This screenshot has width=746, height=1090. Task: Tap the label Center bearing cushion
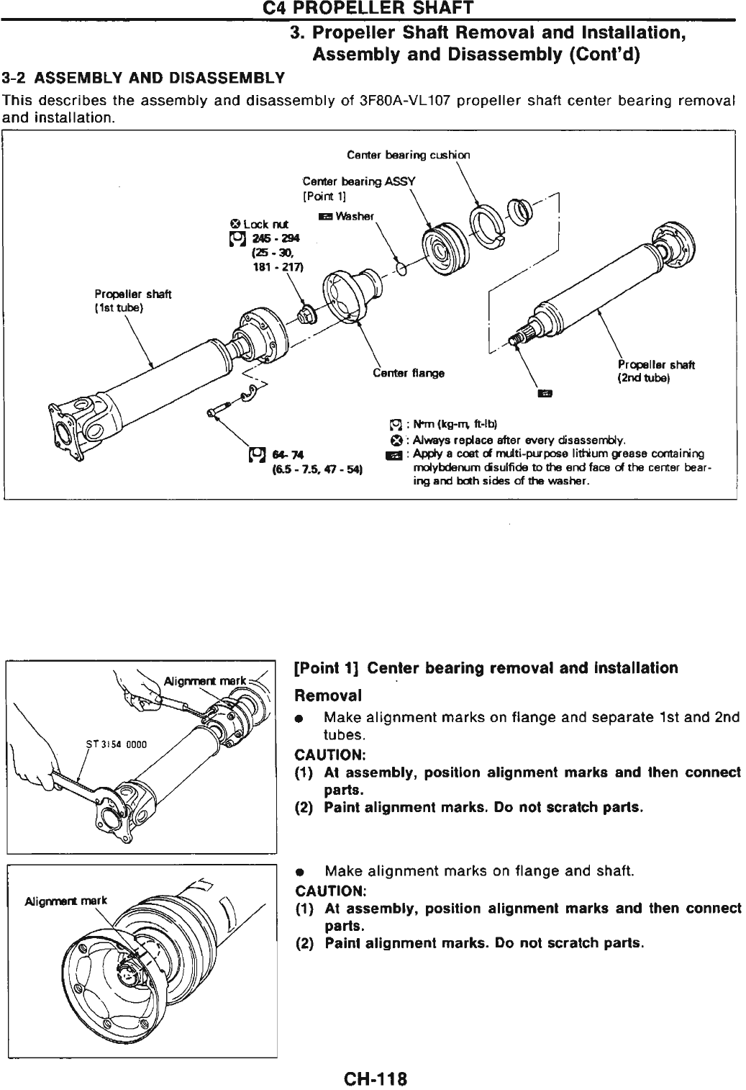coord(408,155)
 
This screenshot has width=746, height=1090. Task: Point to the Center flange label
coord(408,373)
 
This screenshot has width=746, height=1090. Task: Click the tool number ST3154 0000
coord(117,744)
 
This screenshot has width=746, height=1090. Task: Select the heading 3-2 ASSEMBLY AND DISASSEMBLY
coord(143,77)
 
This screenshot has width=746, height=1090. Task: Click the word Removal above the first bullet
coord(328,696)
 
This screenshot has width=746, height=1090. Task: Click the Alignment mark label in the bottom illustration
coord(65,901)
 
